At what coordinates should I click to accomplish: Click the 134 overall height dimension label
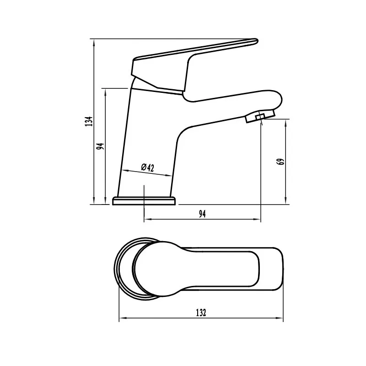(89, 121)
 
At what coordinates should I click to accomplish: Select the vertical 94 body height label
(101, 146)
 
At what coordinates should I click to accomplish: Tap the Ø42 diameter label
(147, 167)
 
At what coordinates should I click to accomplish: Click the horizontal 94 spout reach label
(202, 214)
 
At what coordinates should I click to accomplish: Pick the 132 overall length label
(201, 312)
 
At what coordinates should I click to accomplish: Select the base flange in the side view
(144, 201)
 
